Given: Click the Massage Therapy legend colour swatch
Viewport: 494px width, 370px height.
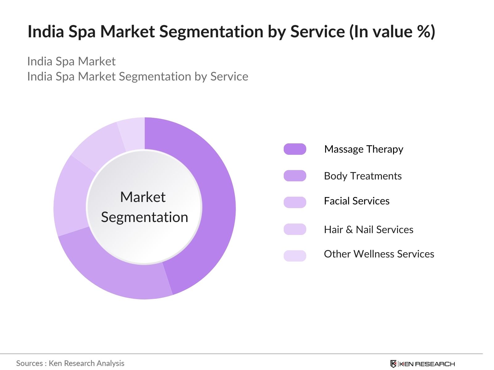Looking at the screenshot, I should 295,149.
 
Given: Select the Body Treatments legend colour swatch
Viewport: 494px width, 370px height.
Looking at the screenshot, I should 295,176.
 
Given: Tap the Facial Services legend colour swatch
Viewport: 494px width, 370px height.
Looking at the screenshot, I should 295,202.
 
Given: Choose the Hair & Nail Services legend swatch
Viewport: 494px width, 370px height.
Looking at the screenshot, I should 295,229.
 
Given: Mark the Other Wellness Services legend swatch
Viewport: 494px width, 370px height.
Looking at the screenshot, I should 295,256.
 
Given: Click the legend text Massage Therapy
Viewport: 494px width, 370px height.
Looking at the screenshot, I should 364,149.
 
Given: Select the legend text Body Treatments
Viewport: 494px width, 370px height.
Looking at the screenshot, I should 363,176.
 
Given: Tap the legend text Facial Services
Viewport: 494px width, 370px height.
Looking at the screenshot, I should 357,201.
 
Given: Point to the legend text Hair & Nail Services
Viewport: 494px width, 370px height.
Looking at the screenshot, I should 369,229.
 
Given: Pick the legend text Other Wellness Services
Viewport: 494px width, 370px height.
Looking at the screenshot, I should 379,254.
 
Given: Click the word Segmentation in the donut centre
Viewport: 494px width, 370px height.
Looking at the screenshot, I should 144,217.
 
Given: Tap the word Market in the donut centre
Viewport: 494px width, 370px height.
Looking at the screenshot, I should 143,197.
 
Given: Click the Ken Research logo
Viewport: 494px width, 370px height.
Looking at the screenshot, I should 422,364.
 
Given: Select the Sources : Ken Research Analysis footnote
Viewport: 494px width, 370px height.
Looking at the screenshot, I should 70,363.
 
